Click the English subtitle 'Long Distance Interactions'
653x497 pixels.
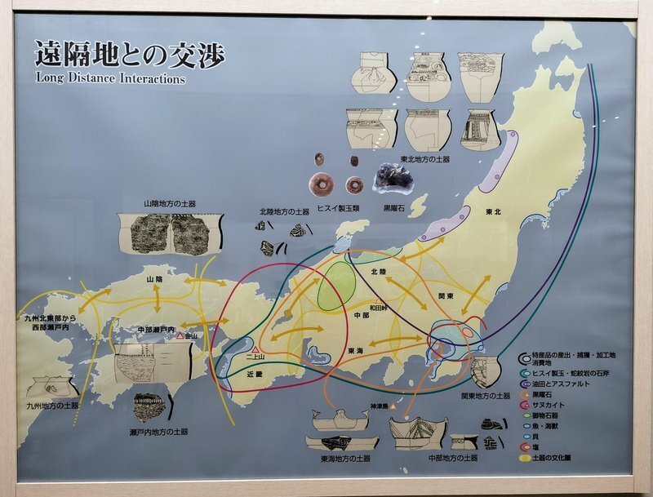point(110,79)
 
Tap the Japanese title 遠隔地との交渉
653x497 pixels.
point(129,54)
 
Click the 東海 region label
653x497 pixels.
point(355,350)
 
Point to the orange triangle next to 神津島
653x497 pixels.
point(393,405)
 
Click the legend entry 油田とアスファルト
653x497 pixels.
point(558,382)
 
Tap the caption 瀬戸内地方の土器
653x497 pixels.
point(160,430)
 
